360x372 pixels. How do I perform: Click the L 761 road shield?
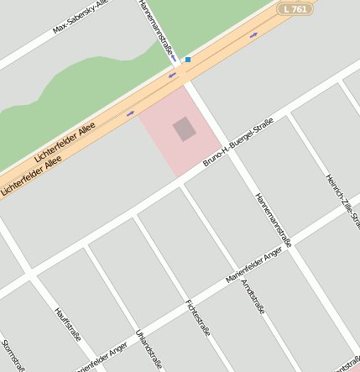[296, 8]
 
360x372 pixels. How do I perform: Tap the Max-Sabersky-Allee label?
[81, 18]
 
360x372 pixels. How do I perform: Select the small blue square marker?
[188, 60]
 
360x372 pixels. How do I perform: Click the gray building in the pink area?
[185, 128]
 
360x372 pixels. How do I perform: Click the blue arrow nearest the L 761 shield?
[253, 35]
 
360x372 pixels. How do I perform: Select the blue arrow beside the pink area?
[130, 113]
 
